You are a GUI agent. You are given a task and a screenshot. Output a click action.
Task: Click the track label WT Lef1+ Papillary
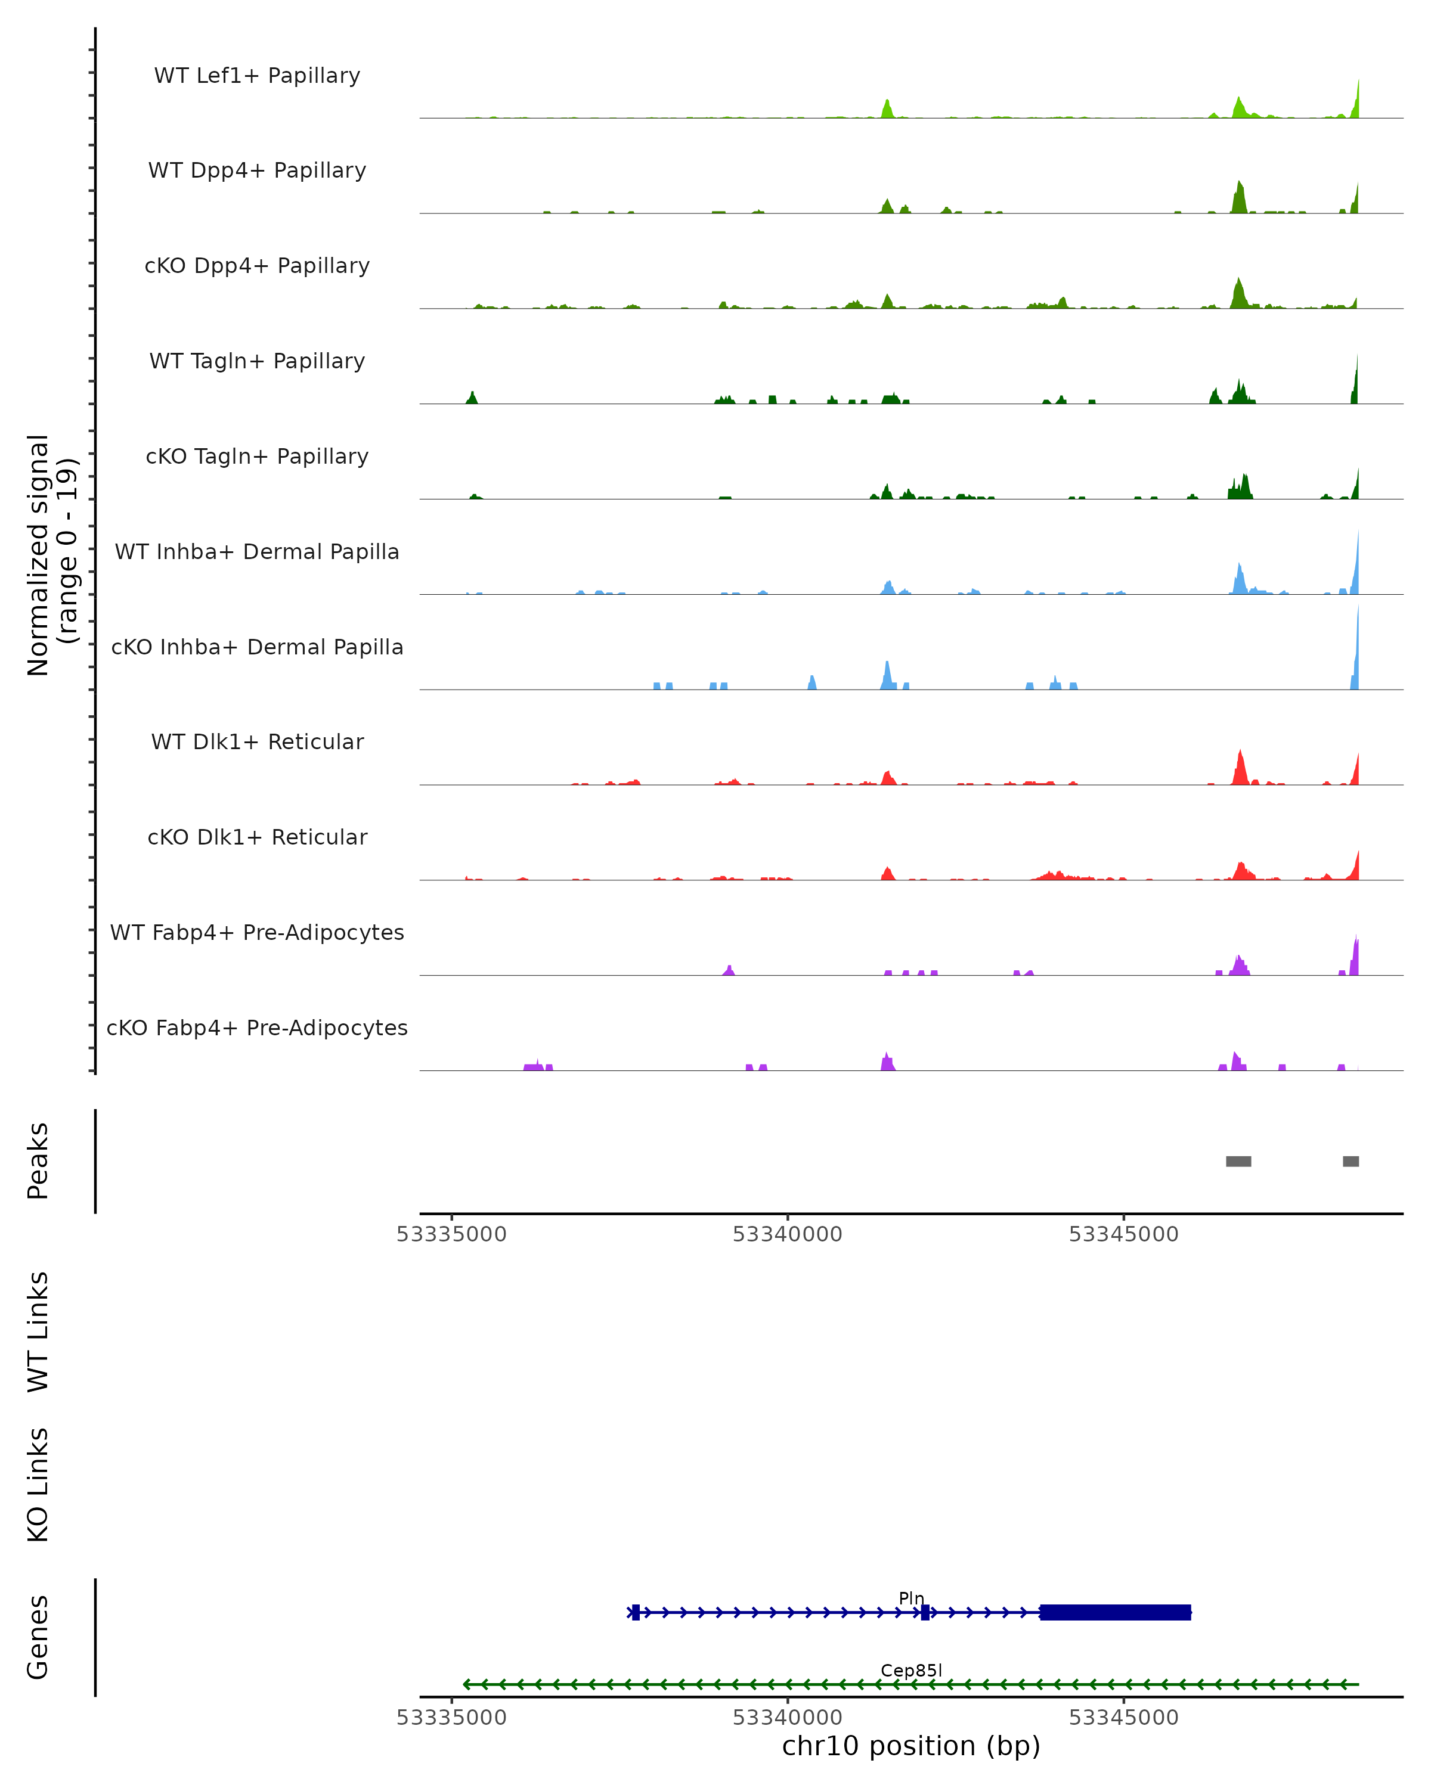[257, 76]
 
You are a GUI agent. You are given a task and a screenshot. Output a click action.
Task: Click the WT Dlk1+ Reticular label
[257, 741]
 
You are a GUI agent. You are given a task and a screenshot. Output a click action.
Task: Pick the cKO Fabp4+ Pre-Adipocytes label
[257, 1028]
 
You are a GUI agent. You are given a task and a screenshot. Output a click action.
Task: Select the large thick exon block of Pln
[1115, 1612]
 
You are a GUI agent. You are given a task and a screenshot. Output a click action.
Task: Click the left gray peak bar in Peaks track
[1238, 1161]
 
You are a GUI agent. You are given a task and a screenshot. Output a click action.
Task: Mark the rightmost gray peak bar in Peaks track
[1351, 1161]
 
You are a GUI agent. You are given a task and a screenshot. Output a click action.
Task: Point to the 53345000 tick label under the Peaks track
[1123, 1234]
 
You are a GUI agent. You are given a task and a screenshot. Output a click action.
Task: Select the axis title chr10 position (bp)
[911, 1746]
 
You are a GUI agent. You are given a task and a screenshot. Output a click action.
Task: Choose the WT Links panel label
[38, 1332]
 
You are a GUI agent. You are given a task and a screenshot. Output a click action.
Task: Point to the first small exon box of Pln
[636, 1612]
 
